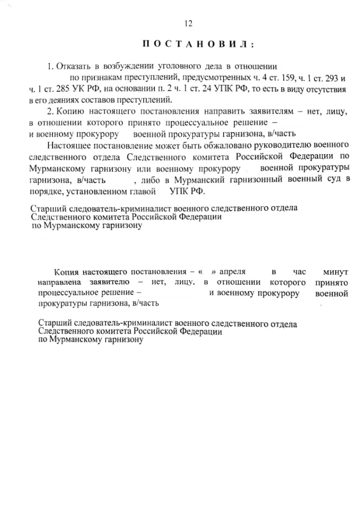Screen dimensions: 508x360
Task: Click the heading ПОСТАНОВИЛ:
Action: (x=198, y=44)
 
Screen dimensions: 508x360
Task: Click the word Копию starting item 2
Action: (x=70, y=112)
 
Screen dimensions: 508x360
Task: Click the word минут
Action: (x=335, y=272)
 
